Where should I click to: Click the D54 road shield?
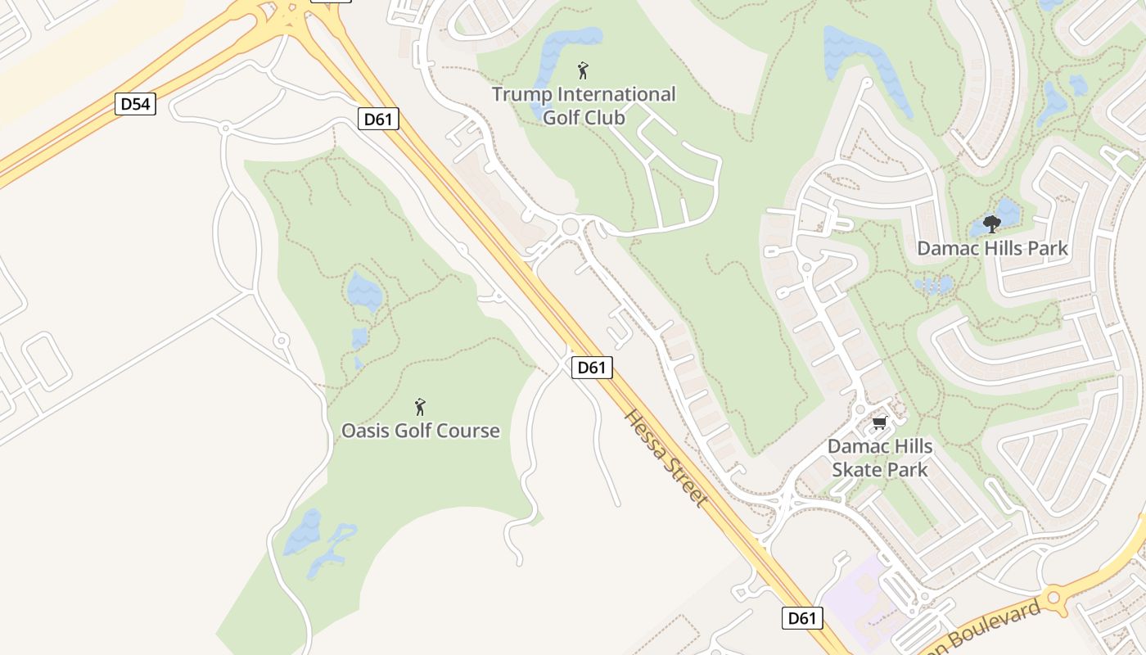pyautogui.click(x=135, y=104)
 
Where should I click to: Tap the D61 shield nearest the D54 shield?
pyautogui.click(x=378, y=119)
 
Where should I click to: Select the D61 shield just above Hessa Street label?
pyautogui.click(x=591, y=368)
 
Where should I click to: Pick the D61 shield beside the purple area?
pyautogui.click(x=801, y=618)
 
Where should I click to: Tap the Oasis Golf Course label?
pyautogui.click(x=420, y=431)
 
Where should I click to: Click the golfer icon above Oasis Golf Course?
pyautogui.click(x=420, y=406)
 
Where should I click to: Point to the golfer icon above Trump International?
pyautogui.click(x=583, y=70)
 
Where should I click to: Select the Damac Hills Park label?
pyautogui.click(x=992, y=248)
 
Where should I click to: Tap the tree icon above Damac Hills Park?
pyautogui.click(x=991, y=224)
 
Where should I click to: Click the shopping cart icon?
pyautogui.click(x=879, y=422)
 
